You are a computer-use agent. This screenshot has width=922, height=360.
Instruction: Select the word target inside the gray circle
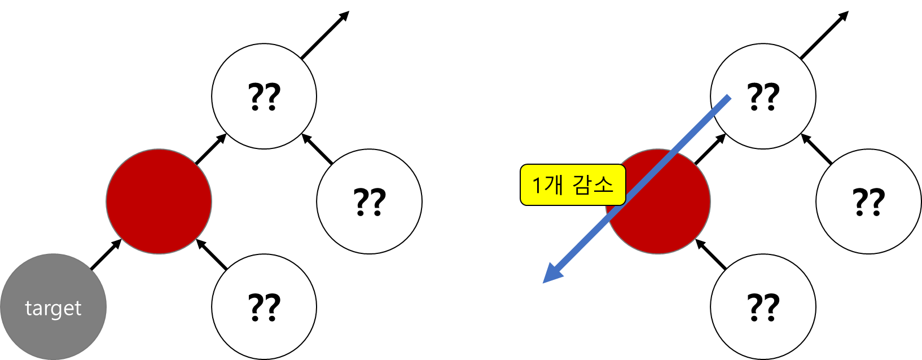53,309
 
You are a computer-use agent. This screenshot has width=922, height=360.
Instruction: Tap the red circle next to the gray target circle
159,201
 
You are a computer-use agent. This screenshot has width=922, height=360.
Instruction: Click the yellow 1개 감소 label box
573,185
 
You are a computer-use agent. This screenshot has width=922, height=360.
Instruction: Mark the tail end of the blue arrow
728,99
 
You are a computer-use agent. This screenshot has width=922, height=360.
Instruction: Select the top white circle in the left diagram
264,96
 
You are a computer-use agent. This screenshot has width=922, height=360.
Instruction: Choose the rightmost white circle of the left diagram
369,201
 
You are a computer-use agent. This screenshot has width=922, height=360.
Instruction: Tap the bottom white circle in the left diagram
264,306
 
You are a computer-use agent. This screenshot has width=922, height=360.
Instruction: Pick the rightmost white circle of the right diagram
868,201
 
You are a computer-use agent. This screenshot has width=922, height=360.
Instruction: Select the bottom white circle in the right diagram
763,306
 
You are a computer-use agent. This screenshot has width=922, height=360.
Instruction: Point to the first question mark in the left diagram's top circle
257,96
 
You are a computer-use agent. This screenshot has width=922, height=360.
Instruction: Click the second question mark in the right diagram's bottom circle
771,306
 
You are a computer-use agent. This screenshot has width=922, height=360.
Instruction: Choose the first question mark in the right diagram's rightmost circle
860,201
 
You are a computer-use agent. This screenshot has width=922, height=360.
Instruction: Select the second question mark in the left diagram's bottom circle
273,306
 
